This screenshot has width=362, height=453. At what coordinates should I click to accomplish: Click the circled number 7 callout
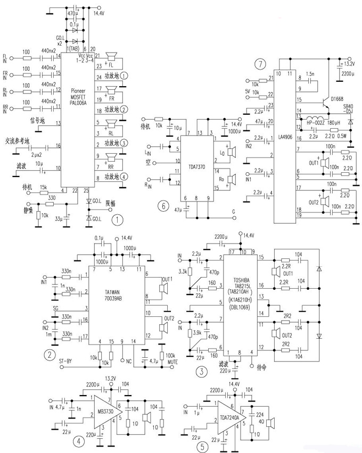click(x=260, y=65)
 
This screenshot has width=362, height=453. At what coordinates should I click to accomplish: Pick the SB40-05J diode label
click(x=350, y=110)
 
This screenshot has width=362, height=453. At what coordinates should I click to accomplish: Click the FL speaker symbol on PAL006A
click(x=112, y=57)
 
